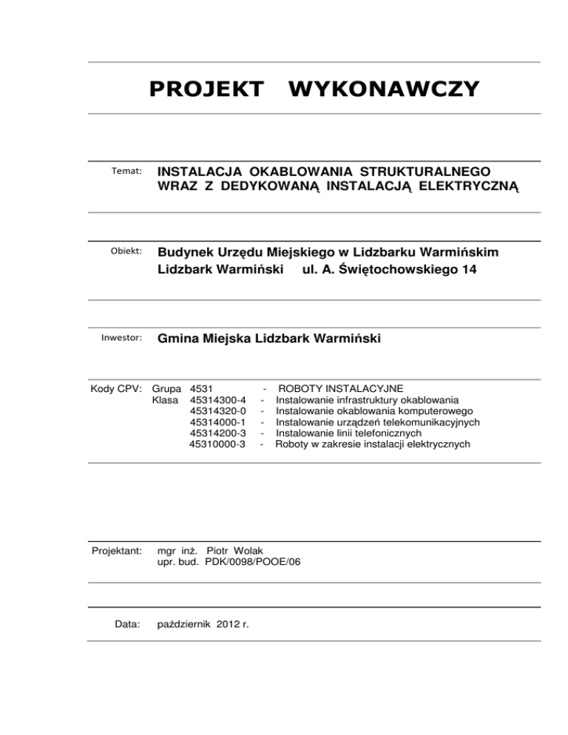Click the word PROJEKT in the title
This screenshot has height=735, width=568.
tap(206, 89)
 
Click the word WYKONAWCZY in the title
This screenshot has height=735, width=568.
tap(385, 89)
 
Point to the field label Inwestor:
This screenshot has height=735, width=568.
tap(121, 339)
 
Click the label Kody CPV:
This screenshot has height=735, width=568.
tap(116, 388)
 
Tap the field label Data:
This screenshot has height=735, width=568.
tap(128, 624)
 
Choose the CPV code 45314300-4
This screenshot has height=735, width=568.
tap(218, 399)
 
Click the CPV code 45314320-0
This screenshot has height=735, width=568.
tap(218, 410)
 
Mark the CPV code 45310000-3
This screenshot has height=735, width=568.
tap(218, 444)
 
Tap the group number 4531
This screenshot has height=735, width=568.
tap(202, 388)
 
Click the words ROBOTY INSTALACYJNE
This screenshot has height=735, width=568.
tap(339, 388)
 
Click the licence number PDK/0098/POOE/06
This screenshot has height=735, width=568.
tap(253, 562)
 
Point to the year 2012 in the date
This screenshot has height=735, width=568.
tap(231, 624)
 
